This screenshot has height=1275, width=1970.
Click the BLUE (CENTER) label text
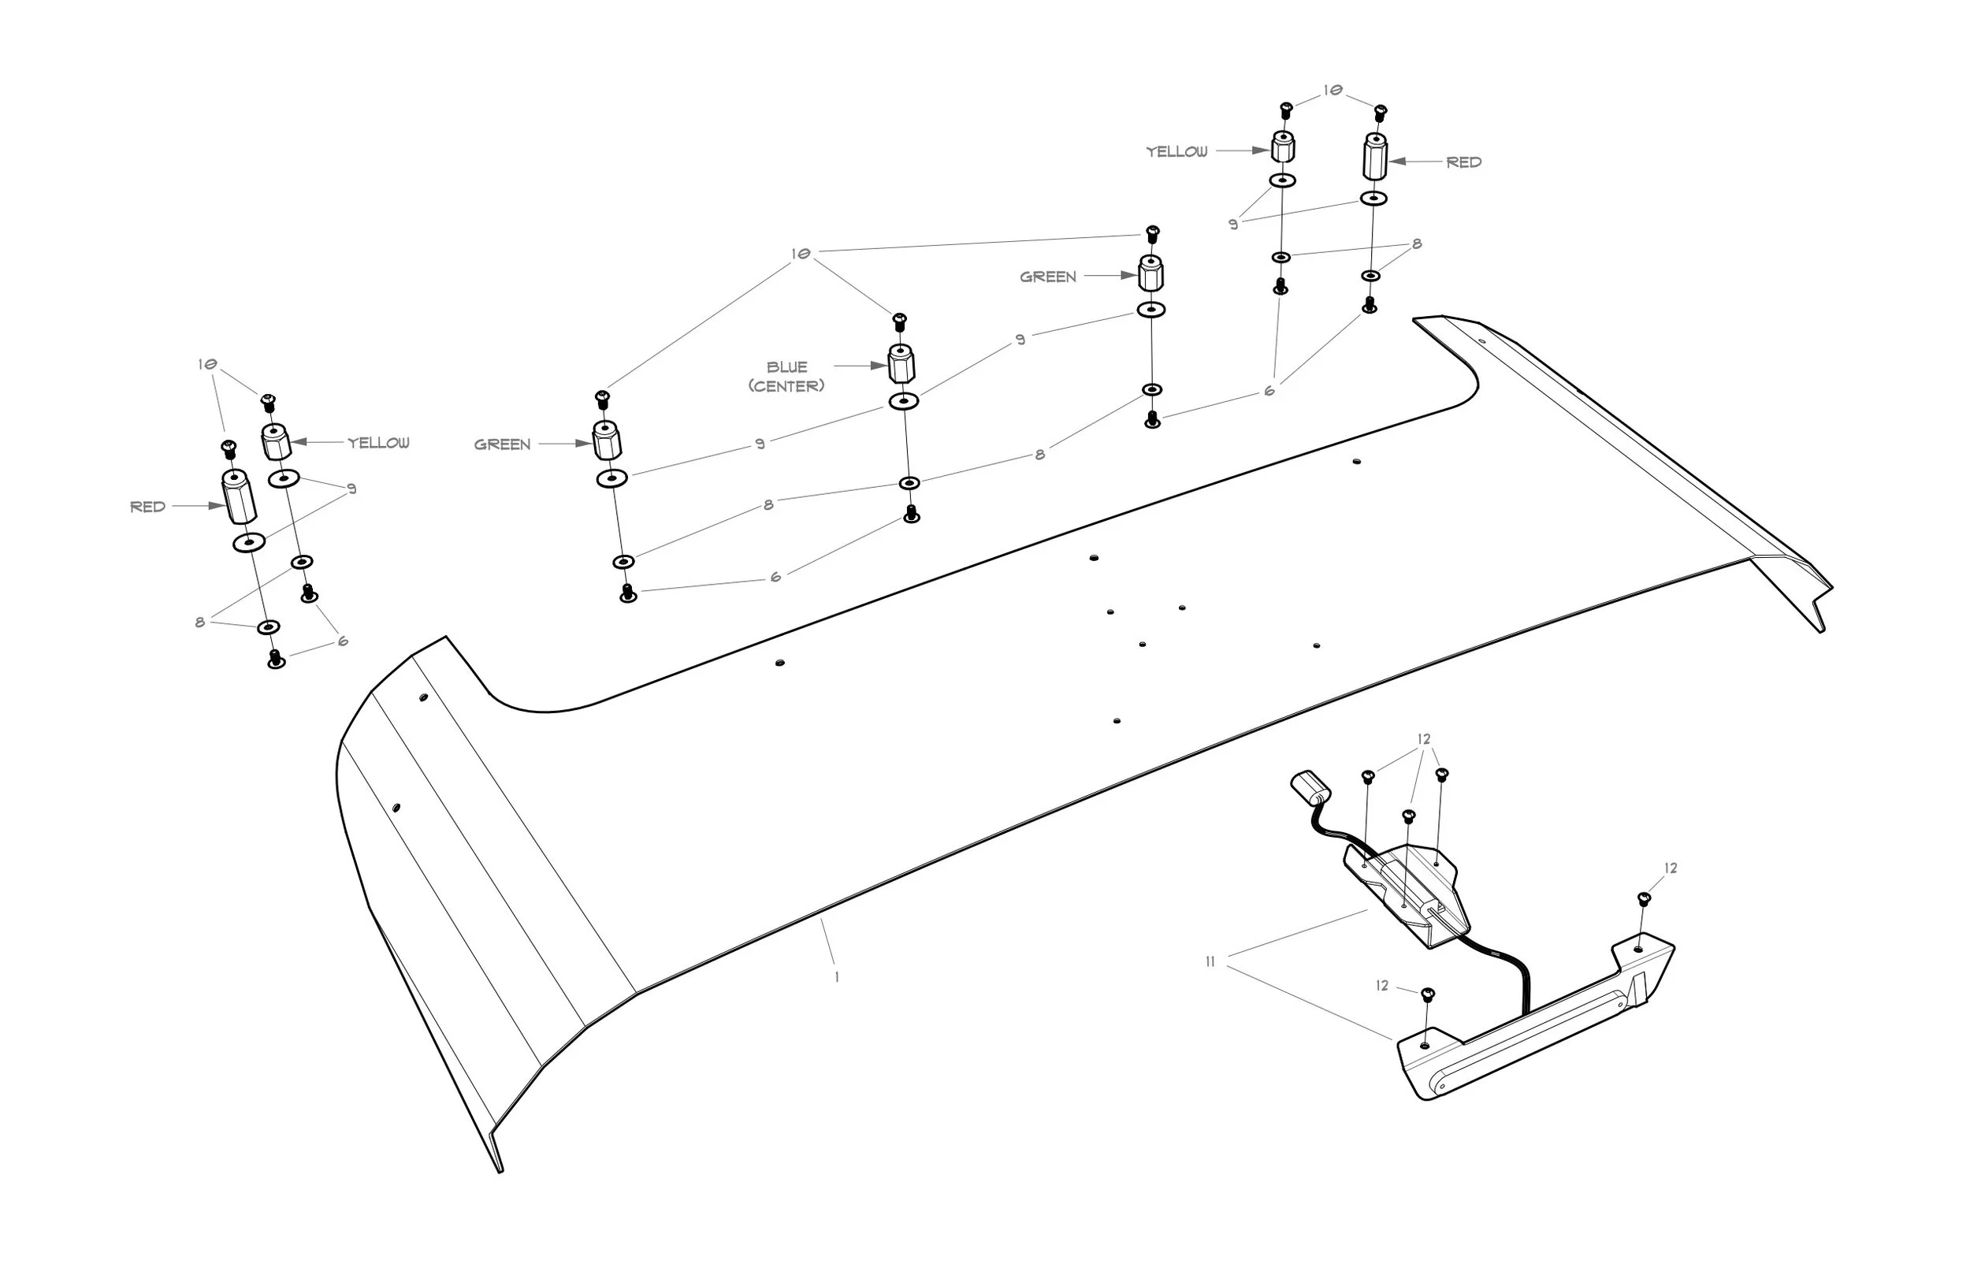786,376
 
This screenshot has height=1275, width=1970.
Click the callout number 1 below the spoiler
837,977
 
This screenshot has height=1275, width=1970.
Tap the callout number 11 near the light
1210,962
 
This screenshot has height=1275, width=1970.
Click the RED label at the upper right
1463,162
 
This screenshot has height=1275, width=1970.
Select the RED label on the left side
148,507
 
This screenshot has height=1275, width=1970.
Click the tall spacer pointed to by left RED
239,496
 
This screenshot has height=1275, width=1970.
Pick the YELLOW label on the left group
378,443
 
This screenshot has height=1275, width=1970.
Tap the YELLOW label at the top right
1176,151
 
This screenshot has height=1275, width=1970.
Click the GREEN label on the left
503,444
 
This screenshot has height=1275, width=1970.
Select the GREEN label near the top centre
1048,277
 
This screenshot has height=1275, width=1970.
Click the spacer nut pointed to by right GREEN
1150,273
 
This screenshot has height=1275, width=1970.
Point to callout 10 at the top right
1333,91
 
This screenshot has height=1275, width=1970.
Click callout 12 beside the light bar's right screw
1671,868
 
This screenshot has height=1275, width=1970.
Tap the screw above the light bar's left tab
1428,994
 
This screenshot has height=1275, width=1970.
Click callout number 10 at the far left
207,364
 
